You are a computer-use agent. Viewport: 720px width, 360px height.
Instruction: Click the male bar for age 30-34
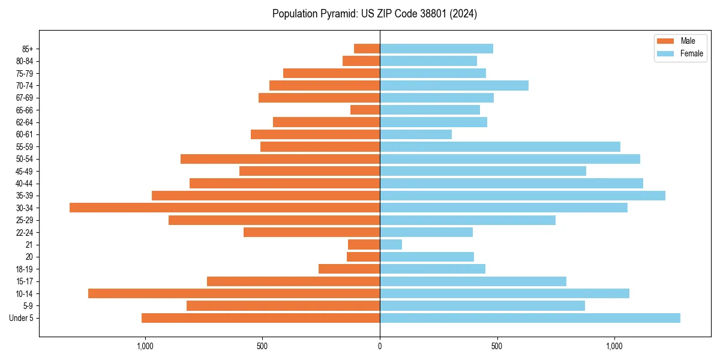(224, 208)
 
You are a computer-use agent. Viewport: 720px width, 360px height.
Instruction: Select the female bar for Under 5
(530, 318)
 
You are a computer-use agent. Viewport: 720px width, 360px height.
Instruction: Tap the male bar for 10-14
(234, 293)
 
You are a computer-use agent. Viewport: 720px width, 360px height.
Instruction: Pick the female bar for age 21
(391, 245)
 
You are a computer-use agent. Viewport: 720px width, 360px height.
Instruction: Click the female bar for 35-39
(522, 196)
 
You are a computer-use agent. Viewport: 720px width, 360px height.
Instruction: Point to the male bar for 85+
(367, 49)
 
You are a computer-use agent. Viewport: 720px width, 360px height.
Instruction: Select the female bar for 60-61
(415, 134)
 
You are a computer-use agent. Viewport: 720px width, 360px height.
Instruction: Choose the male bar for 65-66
(365, 110)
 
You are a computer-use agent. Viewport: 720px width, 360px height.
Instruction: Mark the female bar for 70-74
(454, 85)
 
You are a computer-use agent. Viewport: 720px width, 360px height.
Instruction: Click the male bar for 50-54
(280, 159)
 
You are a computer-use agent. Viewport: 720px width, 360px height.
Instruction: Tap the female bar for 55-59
(500, 146)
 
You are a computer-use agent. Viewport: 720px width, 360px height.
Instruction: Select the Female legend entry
(679, 53)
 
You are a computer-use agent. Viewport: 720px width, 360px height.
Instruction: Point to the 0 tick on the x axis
(380, 346)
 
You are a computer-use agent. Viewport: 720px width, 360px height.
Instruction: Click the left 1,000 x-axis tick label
(145, 346)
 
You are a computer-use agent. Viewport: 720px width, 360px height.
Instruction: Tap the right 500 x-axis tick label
(497, 346)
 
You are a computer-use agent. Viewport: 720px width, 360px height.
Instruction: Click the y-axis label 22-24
(25, 232)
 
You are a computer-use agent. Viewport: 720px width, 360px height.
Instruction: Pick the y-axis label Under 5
(22, 318)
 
